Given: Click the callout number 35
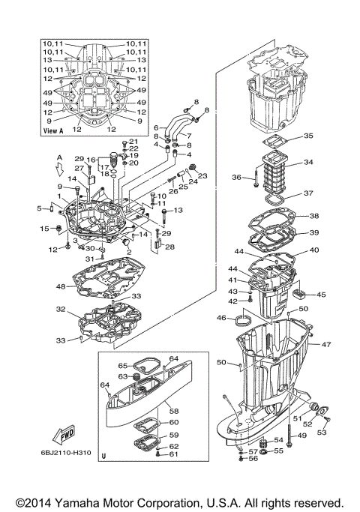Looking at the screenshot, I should [308, 136].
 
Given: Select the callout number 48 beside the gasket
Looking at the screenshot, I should [61, 286].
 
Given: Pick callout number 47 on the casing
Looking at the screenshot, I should [327, 344].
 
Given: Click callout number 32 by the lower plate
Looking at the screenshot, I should [61, 309].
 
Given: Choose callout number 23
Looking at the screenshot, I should [202, 176].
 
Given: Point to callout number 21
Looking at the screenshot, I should [134, 142].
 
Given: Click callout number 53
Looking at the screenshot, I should [323, 433].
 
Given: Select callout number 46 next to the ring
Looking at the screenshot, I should [221, 319].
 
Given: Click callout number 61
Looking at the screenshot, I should [173, 454].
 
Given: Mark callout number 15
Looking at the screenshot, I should [44, 228].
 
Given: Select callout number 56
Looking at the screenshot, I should [253, 458].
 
